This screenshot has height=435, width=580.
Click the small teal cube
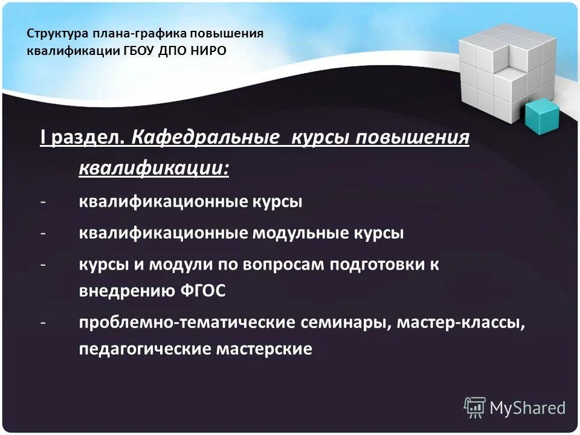click(541, 116)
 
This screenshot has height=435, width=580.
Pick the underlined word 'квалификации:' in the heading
click(154, 167)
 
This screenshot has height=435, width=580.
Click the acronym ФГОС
click(202, 291)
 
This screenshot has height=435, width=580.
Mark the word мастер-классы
click(460, 323)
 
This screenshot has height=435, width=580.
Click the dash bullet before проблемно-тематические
click(43, 323)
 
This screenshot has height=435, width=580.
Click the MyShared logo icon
click(475, 407)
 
